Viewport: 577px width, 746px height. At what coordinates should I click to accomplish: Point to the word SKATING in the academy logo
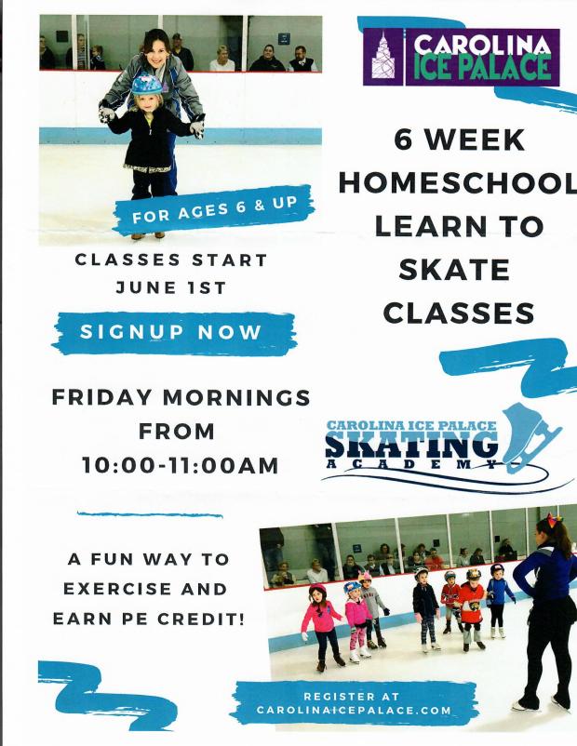412,446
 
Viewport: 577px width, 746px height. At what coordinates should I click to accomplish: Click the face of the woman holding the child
154,45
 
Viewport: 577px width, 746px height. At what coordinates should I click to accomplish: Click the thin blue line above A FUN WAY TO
150,513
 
